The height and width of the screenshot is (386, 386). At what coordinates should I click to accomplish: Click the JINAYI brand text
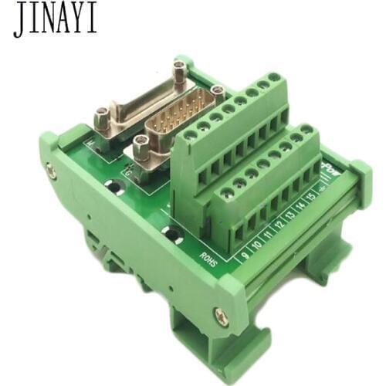(x=54, y=20)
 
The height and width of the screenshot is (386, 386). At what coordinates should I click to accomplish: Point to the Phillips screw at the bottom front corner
(x=222, y=314)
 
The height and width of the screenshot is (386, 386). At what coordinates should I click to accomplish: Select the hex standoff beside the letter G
(x=140, y=145)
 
